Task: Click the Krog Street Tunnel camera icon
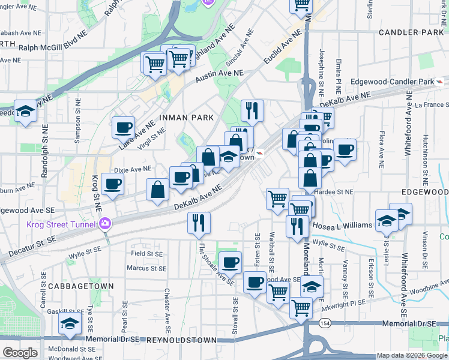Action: coord(105,224)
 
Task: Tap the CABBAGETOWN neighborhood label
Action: coord(79,286)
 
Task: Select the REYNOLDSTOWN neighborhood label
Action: coord(182,340)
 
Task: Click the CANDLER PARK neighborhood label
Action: coord(406,31)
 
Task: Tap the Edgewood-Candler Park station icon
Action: coord(441,82)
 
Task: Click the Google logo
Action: coord(20,353)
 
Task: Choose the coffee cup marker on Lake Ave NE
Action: coord(124,127)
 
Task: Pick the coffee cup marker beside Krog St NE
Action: coord(112,184)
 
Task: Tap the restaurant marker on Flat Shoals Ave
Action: coord(199,223)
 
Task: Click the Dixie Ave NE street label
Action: coord(133,169)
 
